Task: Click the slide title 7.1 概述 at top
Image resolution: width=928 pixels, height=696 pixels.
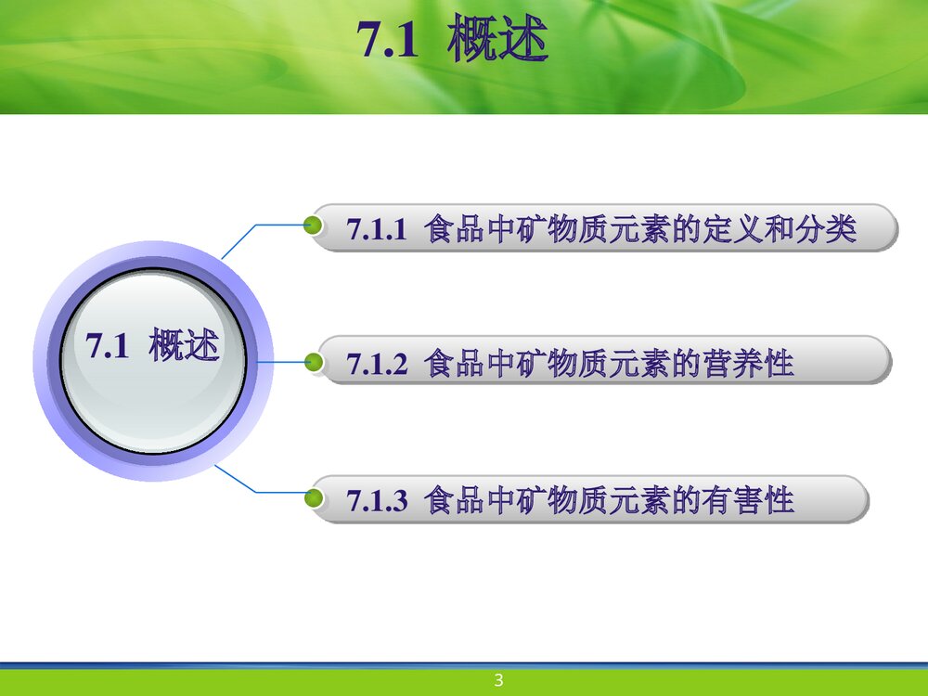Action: coord(453,43)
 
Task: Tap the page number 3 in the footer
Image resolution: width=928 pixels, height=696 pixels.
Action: coord(498,681)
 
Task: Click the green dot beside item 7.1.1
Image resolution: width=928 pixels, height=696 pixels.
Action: coord(314,225)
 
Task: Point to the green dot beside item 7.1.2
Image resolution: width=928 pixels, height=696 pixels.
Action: coord(314,361)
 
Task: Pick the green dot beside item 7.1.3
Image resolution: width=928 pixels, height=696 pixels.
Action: coord(314,499)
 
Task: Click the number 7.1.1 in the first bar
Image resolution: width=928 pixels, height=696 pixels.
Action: coord(377,229)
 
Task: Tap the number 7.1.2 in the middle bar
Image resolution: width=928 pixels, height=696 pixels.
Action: coord(377,364)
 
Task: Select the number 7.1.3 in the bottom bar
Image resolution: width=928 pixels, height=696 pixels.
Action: coord(377,501)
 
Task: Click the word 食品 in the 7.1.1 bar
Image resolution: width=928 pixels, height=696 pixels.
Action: coord(455,228)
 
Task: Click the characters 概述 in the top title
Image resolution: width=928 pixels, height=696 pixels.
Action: coord(497,43)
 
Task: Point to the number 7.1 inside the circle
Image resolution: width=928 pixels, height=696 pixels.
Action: coord(105,347)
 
